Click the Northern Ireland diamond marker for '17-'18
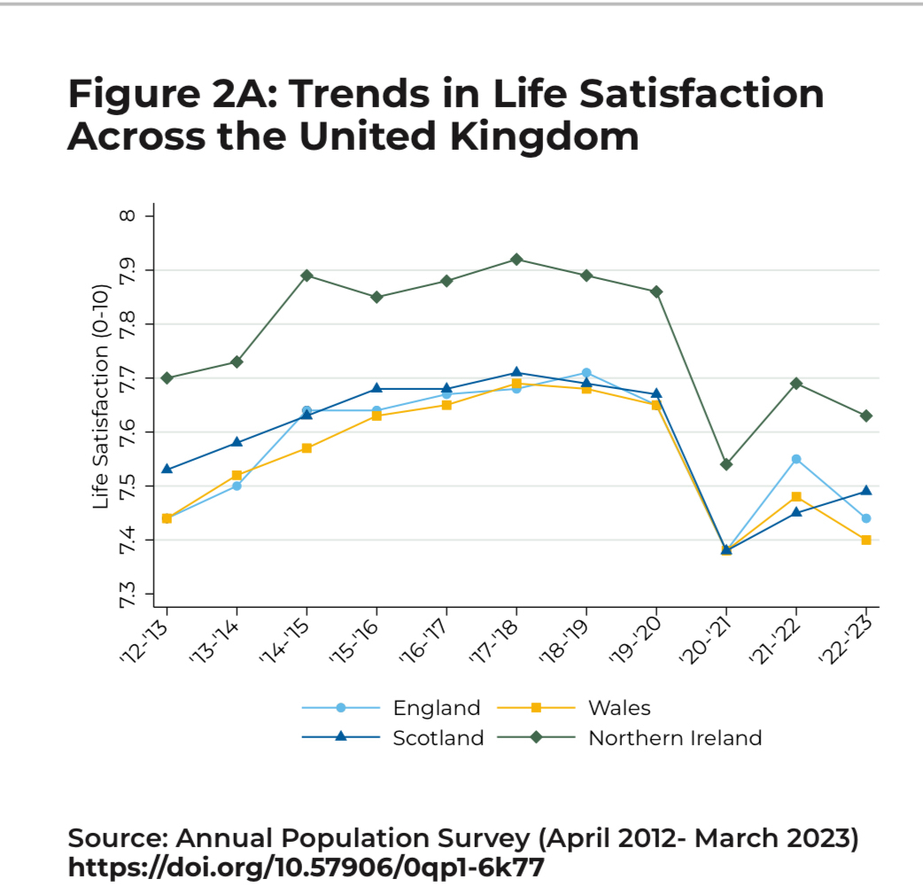516,260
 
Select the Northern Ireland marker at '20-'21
726,464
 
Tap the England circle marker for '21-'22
796,459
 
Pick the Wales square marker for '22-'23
866,540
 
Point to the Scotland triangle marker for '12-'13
167,469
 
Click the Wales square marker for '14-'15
306,448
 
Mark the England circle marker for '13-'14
237,486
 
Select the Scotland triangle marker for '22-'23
866,491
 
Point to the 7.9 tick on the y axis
148,270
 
